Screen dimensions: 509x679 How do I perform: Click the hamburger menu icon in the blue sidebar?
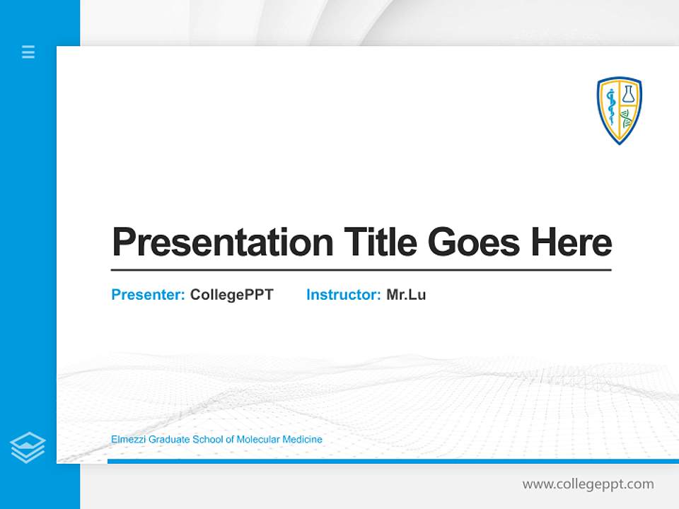(28, 52)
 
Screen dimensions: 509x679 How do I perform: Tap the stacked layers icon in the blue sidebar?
(28, 447)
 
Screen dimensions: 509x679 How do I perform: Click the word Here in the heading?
(571, 242)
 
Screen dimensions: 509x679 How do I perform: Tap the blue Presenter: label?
(148, 295)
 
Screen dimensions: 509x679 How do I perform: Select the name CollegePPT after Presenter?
(231, 295)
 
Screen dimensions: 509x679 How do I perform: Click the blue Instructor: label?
(343, 295)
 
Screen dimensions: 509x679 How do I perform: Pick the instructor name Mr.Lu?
(406, 295)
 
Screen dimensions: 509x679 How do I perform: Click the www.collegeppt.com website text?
(588, 484)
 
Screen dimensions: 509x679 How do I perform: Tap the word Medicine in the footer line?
(302, 440)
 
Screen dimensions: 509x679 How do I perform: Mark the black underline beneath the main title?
(361, 270)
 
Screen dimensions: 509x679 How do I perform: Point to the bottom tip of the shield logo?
(620, 144)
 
